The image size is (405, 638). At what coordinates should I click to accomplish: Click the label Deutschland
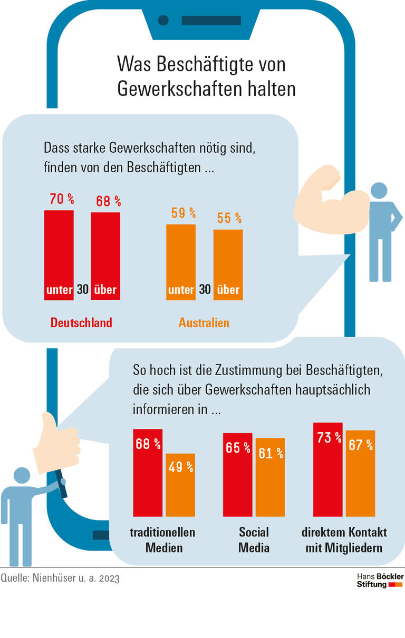[81, 322]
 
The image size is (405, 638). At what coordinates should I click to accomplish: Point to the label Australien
[204, 322]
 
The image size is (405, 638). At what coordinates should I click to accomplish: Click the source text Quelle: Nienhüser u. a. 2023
[60, 578]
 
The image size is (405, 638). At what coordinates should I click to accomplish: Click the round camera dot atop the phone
[163, 21]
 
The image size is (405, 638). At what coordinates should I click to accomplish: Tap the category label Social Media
[254, 540]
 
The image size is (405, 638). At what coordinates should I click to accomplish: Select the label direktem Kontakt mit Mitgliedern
[344, 540]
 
